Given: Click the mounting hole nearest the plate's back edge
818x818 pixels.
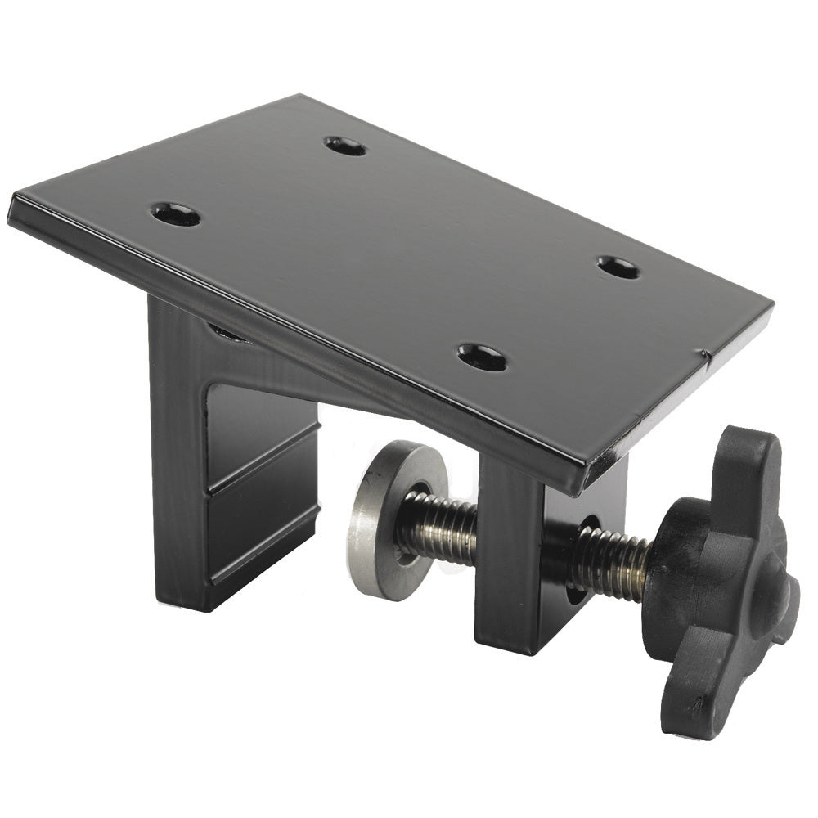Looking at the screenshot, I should [x=345, y=146].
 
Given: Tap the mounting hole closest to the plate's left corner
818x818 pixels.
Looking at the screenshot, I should [x=176, y=214].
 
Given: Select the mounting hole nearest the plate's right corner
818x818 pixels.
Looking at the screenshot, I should [x=618, y=267].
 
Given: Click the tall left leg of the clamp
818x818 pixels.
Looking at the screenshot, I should [x=176, y=458].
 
